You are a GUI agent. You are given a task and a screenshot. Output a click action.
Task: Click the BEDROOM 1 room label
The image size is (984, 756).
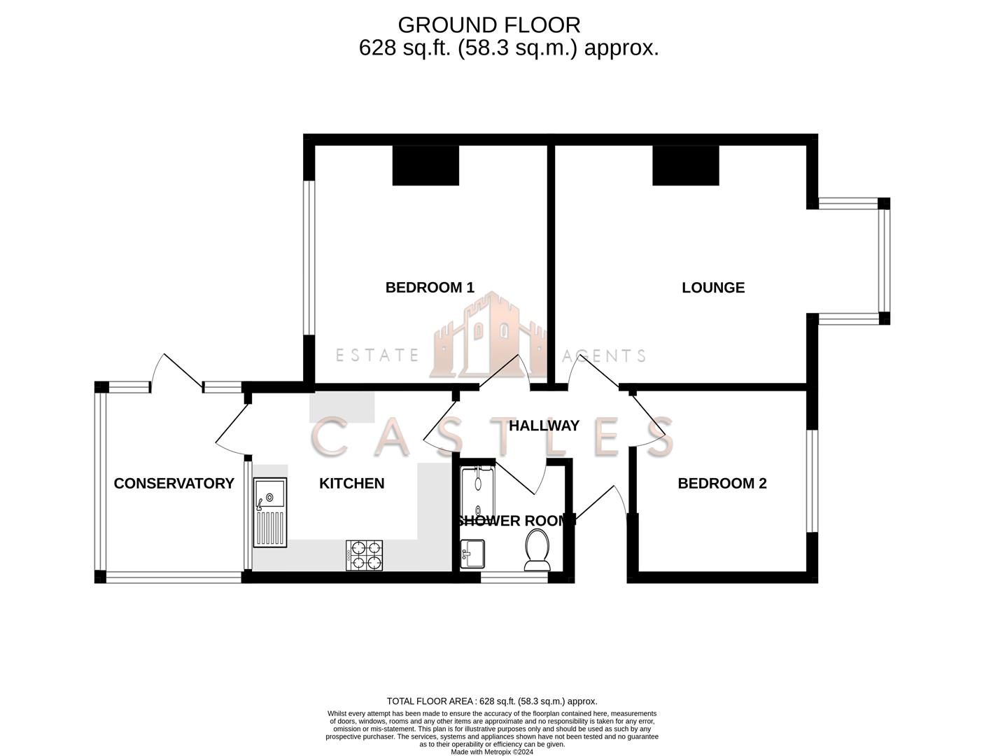(x=430, y=287)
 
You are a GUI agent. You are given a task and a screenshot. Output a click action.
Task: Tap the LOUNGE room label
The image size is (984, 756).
(x=713, y=287)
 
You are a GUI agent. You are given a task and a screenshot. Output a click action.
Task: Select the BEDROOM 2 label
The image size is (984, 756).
(x=722, y=483)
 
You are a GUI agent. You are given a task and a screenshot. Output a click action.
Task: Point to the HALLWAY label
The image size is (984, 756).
(x=544, y=426)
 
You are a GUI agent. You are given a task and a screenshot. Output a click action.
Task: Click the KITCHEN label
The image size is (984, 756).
(x=351, y=483)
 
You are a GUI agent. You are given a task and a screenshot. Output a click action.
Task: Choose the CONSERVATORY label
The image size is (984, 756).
(x=174, y=483)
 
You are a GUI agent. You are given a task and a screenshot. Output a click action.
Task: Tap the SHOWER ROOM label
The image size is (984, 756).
(x=516, y=521)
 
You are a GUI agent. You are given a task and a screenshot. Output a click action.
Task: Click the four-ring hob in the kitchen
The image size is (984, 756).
(x=365, y=554)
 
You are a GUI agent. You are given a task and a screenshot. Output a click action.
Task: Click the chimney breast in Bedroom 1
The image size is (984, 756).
(x=426, y=165)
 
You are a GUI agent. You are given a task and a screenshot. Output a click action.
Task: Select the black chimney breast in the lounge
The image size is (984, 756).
(x=686, y=165)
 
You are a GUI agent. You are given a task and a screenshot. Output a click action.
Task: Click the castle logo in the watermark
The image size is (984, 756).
(x=489, y=336)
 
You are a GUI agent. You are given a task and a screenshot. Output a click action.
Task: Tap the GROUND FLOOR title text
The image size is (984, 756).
(x=489, y=25)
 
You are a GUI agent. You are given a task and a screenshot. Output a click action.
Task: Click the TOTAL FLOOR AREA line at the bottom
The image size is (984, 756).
(x=492, y=701)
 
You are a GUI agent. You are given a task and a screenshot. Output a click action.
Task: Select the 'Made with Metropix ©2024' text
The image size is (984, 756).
(x=492, y=752)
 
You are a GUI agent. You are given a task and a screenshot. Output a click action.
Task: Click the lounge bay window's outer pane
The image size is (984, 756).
(x=884, y=260)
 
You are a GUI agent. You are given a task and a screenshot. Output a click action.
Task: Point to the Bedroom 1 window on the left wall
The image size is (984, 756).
(x=308, y=258)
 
